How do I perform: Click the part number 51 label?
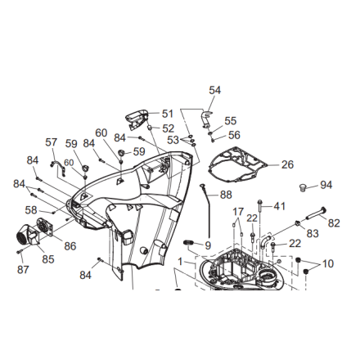coord(168,114)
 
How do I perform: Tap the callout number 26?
coord(287,164)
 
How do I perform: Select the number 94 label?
coord(326,185)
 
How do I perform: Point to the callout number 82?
coord(334,223)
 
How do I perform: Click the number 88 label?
coord(226,195)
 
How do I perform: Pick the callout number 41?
coord(280,206)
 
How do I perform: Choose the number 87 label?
coord(23,269)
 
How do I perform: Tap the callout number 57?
coord(52,142)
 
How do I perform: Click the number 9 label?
coord(208,245)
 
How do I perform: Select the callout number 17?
coord(238,212)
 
